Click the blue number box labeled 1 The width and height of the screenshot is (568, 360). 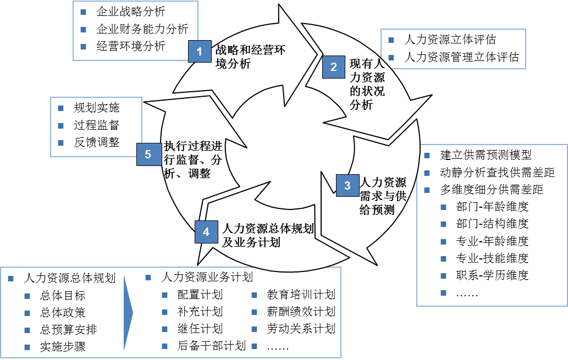coord(200,52)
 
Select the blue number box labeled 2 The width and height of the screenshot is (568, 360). coord(333,67)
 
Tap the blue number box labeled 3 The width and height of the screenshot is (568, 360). coord(347,186)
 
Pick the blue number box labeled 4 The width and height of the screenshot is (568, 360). coord(206,232)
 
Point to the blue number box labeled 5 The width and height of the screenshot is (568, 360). coord(148,155)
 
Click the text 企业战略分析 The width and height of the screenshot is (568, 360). coord(130,12)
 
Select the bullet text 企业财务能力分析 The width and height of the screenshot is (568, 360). coord(142,29)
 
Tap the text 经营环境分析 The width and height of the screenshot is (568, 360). coord(130,46)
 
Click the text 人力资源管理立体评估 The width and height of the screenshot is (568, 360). coord(461,57)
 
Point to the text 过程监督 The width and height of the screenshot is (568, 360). coord(96,125)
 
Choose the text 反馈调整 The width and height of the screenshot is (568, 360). coord(96,142)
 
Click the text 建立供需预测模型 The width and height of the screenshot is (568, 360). coord(486,156)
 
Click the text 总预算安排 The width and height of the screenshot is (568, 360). coord(69,330)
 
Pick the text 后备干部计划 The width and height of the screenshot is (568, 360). coord(211,346)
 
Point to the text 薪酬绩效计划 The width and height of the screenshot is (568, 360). coord(301,312)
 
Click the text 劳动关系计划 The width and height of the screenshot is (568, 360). coord(301,329)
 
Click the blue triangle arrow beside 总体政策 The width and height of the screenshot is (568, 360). coord(128,313)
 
